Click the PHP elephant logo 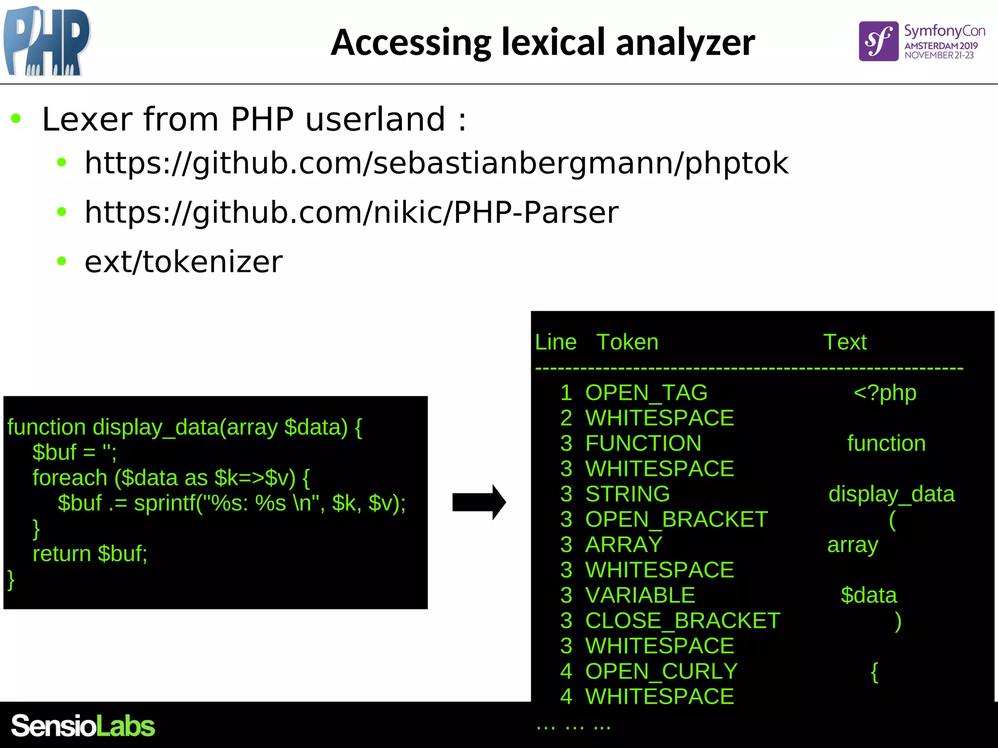[x=47, y=41]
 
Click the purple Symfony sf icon [x=878, y=41]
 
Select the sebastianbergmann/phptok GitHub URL [x=436, y=163]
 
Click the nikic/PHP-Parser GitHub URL [x=351, y=212]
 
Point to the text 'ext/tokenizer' [x=183, y=262]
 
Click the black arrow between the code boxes [x=479, y=502]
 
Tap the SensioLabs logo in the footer [x=83, y=726]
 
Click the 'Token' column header [x=627, y=342]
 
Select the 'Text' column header [x=845, y=342]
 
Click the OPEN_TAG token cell [x=646, y=393]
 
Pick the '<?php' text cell [x=885, y=393]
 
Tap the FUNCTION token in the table [x=643, y=444]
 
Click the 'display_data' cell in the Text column [x=891, y=494]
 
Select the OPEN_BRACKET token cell [x=676, y=520]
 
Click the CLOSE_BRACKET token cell [x=683, y=621]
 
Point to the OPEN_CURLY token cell [x=661, y=672]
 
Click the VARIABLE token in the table [x=640, y=596]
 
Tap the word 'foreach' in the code [x=70, y=478]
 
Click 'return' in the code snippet [x=62, y=554]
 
